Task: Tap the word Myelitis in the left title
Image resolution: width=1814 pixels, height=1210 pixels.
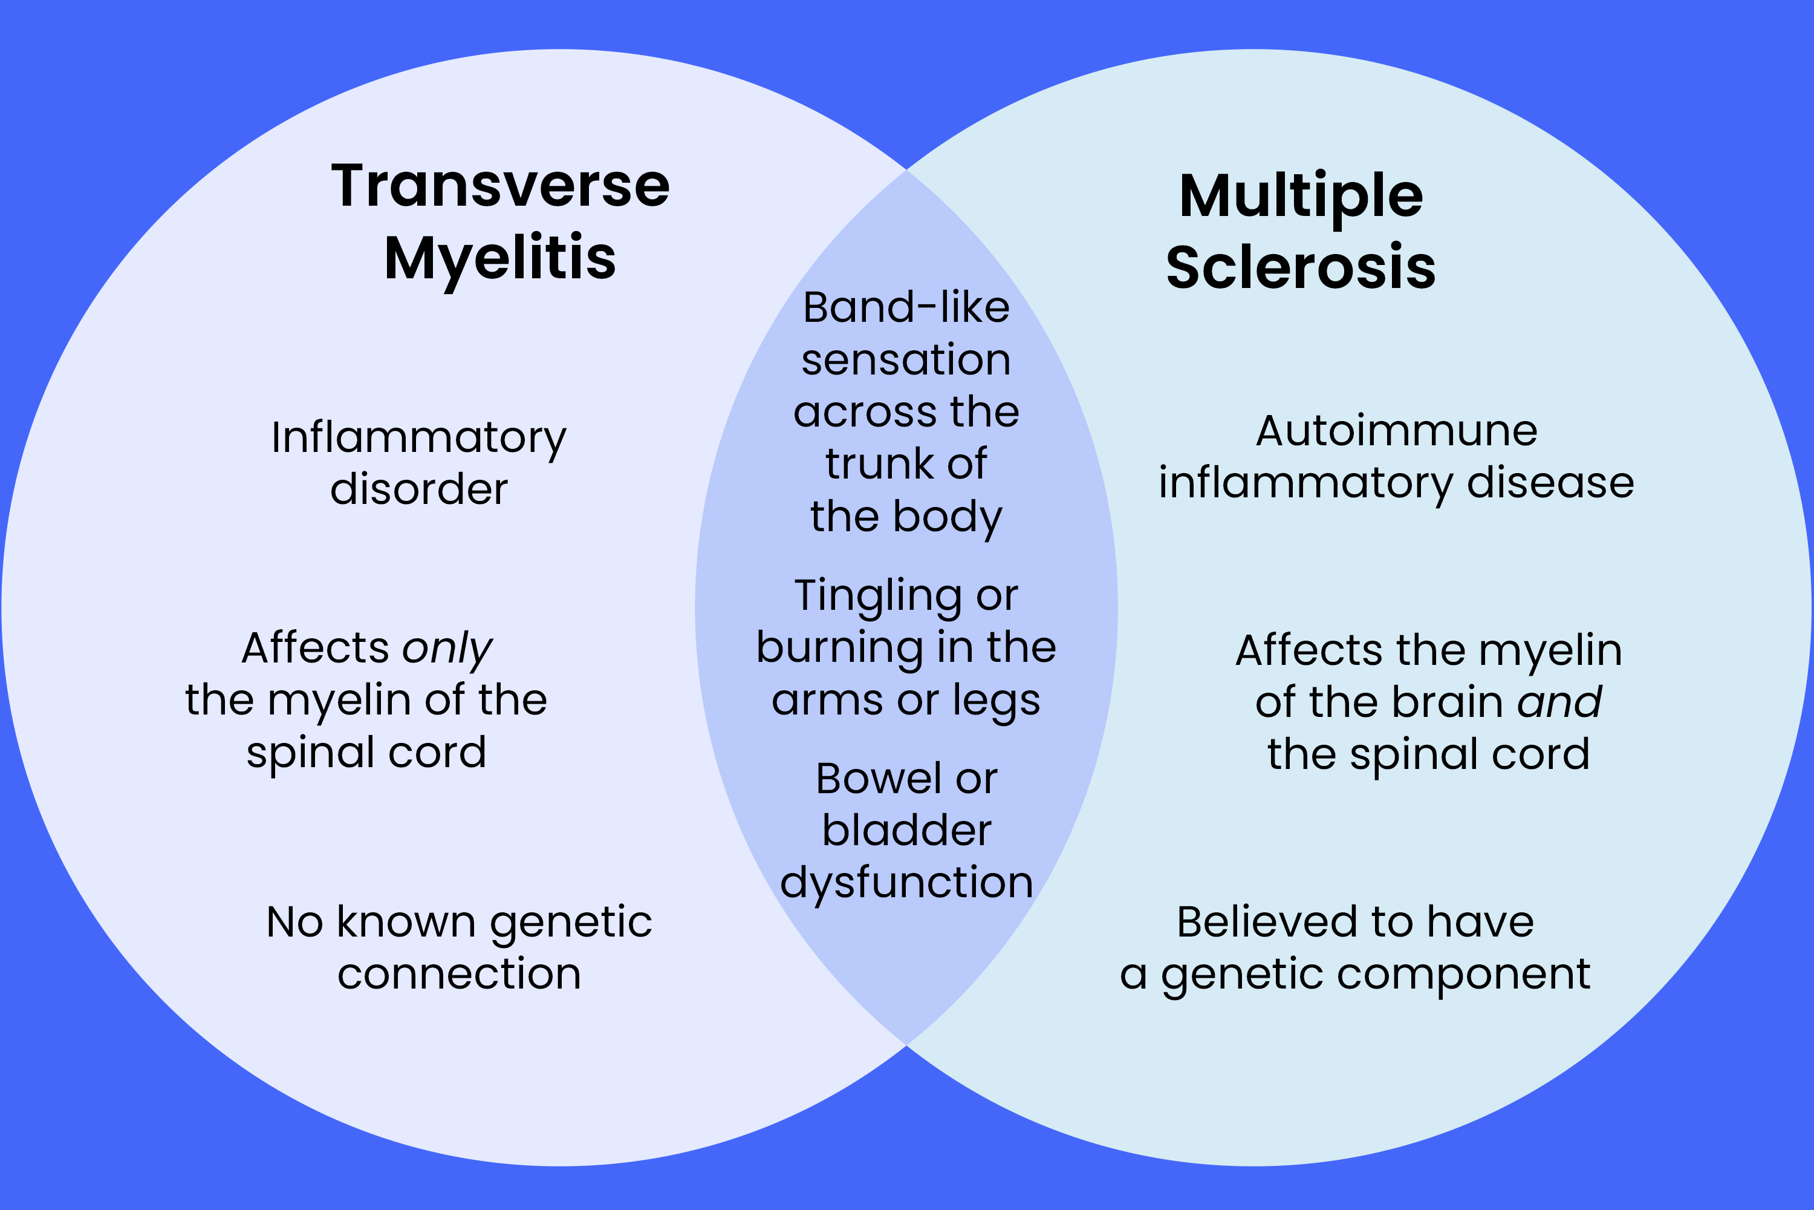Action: (x=500, y=258)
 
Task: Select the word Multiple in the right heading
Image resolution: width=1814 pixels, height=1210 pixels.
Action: (x=1301, y=196)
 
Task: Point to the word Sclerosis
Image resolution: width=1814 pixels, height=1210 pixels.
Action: (x=1301, y=268)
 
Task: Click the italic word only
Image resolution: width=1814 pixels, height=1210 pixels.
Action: (x=447, y=648)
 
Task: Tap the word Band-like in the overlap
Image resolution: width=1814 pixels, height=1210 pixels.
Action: (x=906, y=308)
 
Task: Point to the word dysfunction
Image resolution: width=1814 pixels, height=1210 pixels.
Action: (x=906, y=883)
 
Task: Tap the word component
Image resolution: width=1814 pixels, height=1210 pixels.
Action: (x=1463, y=974)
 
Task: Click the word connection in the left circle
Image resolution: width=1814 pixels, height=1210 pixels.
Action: (x=459, y=974)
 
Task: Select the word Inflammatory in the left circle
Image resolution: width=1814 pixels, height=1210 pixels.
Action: (x=419, y=437)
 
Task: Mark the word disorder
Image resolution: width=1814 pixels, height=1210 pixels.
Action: (x=419, y=489)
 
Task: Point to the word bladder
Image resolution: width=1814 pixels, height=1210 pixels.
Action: (x=906, y=831)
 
